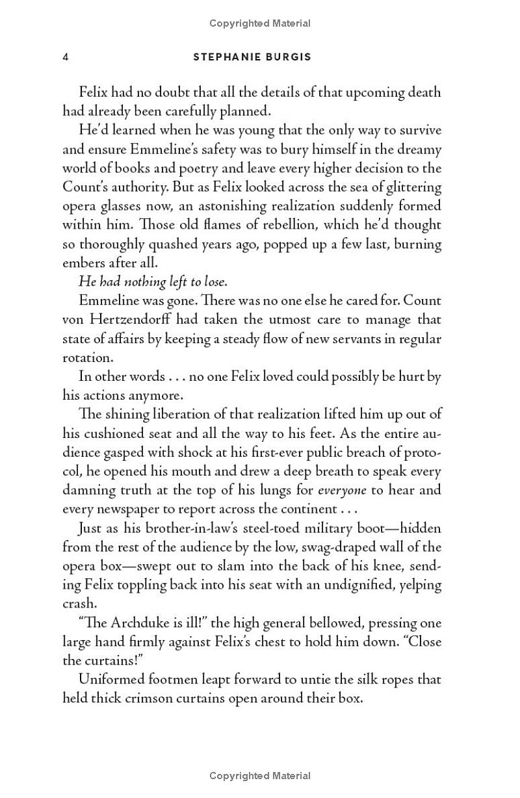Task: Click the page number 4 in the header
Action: point(66,57)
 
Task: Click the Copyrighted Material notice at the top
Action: point(260,23)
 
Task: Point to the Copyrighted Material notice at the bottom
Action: point(260,776)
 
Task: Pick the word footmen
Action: point(172,680)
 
